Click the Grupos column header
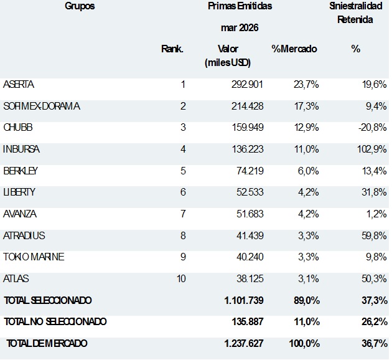click(80, 6)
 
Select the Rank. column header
click(172, 49)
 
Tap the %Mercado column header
click(294, 49)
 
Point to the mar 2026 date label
click(240, 27)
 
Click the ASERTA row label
click(19, 85)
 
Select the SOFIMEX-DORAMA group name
click(42, 107)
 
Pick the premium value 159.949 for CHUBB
click(248, 128)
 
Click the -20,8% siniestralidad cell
click(373, 128)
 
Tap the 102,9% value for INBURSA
click(372, 149)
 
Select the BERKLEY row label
click(21, 171)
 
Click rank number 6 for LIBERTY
click(183, 192)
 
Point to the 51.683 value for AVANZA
click(250, 214)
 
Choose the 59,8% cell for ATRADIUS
click(374, 236)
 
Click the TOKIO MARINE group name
click(34, 257)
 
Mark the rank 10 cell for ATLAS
click(181, 279)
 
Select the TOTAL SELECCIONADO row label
click(48, 300)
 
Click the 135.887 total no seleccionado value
click(248, 322)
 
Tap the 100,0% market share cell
click(304, 343)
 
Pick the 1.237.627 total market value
click(244, 343)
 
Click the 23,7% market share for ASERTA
click(306, 85)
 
